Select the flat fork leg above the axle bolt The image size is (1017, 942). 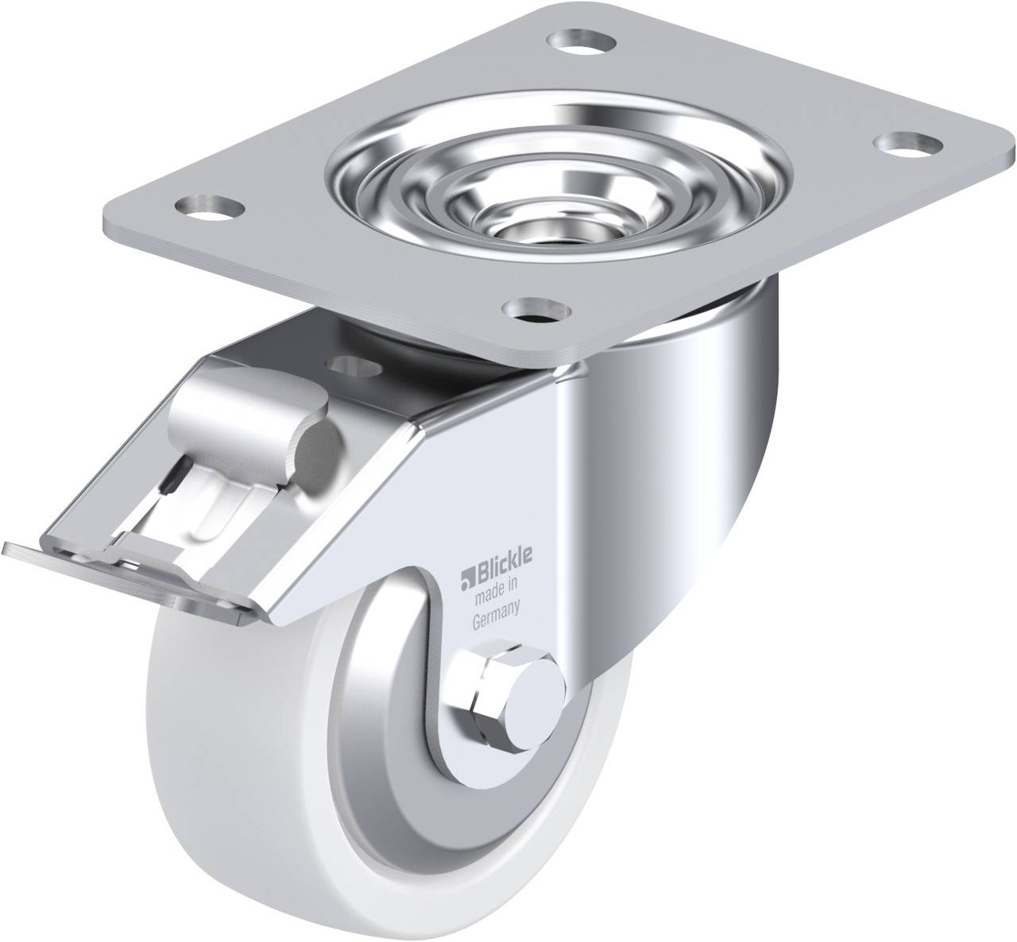tap(508, 492)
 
